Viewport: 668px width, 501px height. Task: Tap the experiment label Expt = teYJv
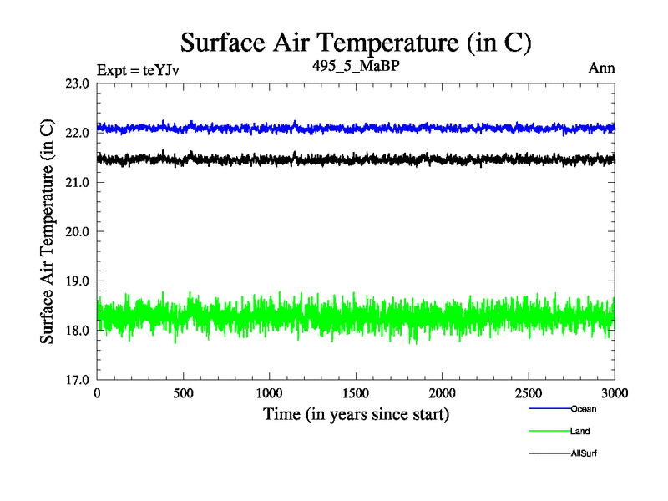click(x=139, y=69)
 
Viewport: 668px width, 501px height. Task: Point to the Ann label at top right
click(x=601, y=68)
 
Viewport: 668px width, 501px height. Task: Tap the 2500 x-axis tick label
click(x=529, y=392)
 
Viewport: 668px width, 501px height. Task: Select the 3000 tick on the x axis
click(x=615, y=392)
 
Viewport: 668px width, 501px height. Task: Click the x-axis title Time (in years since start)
click(x=357, y=414)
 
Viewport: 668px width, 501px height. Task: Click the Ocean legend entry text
click(x=584, y=409)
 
